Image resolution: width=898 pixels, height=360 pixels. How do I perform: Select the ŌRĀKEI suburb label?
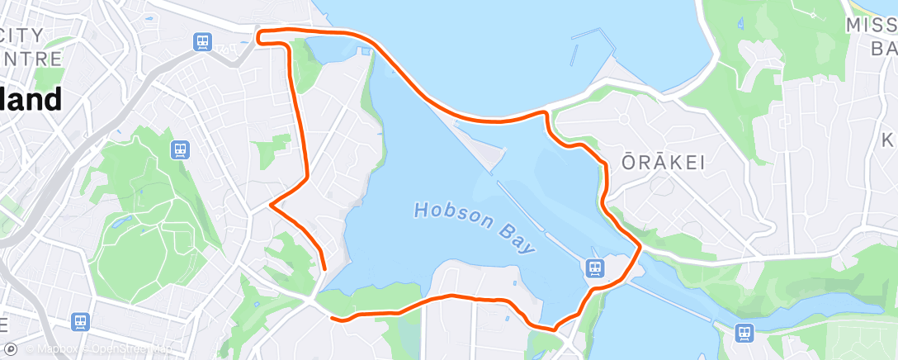pos(663,163)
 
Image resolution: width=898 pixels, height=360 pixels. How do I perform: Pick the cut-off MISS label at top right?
pos(871,26)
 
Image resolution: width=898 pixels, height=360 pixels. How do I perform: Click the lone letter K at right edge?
pos(890,138)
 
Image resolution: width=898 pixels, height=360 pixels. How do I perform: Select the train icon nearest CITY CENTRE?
pos(202,40)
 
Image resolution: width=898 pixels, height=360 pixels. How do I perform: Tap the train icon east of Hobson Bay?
pos(594,267)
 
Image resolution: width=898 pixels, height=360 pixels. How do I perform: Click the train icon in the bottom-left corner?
pos(80,320)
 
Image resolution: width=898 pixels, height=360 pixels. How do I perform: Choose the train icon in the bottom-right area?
pos(744,332)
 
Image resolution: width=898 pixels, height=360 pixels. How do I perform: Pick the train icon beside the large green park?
pos(181,149)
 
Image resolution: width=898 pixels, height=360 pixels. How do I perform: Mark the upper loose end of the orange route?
pos(324,268)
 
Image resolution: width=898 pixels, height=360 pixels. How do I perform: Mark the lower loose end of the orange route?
pos(332,317)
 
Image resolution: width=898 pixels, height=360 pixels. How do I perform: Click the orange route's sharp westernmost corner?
pos(272,204)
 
